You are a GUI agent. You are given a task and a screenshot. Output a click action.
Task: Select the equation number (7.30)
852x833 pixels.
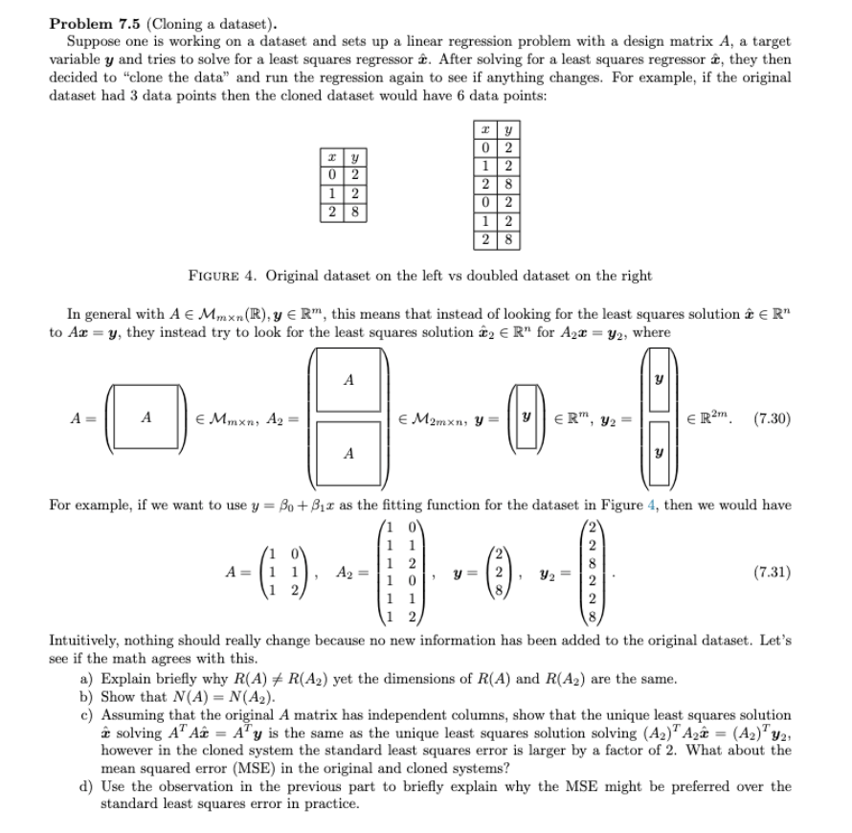(772, 418)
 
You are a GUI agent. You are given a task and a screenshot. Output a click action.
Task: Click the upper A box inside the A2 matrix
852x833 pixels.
(349, 381)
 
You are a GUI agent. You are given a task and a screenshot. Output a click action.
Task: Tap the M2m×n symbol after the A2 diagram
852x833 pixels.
(433, 418)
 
